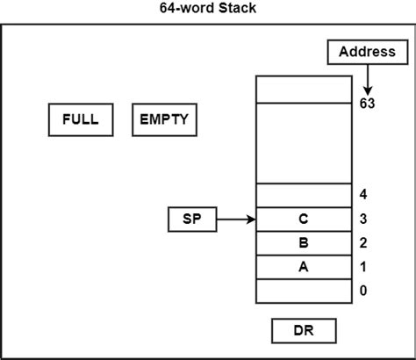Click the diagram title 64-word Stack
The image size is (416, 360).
click(x=208, y=9)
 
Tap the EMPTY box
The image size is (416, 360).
click(x=164, y=119)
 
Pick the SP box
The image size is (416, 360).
click(x=191, y=220)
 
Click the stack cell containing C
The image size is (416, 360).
click(x=303, y=219)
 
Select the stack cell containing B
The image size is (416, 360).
click(x=303, y=243)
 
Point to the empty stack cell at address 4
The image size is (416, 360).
click(x=303, y=195)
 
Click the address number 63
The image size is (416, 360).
click(x=368, y=103)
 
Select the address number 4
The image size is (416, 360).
click(x=362, y=194)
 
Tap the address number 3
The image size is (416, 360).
click(x=362, y=219)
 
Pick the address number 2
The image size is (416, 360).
click(x=362, y=243)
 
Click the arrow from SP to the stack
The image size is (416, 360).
click(x=235, y=220)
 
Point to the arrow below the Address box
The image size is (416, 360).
click(x=368, y=81)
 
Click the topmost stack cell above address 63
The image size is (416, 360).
click(x=303, y=89)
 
